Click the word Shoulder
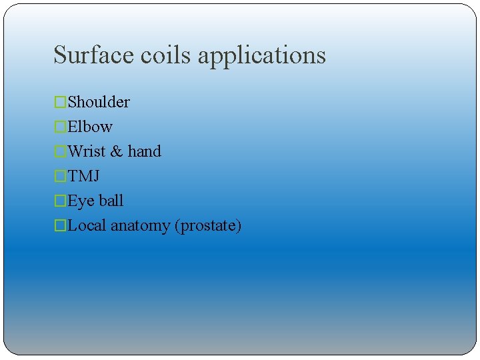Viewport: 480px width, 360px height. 99,102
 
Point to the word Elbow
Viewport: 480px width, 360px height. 90,127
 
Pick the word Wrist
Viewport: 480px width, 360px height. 87,151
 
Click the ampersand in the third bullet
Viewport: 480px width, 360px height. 117,151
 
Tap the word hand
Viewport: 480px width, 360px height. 145,151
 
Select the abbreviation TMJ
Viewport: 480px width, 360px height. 84,176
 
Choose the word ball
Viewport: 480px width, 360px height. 111,201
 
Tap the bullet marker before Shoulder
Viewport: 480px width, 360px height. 61,102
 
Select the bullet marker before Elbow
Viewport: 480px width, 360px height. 61,127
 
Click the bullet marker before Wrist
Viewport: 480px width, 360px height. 61,151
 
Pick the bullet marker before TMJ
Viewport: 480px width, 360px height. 61,176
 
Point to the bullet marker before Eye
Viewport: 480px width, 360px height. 61,201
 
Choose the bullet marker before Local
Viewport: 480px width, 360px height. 61,225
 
